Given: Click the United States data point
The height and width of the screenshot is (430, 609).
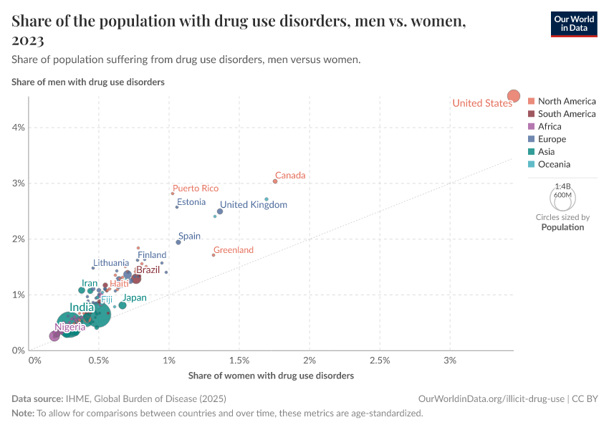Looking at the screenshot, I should click(x=514, y=96).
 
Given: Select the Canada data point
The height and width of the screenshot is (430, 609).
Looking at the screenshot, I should click(x=275, y=181).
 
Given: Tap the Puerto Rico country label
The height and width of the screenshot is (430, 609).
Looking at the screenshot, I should click(x=196, y=188).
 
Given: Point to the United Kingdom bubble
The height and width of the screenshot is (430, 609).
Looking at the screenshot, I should click(x=220, y=211).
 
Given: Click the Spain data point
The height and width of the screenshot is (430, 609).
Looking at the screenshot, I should click(x=178, y=242).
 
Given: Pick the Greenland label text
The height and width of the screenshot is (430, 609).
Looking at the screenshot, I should click(x=234, y=250).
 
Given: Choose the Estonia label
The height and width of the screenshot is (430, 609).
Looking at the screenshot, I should click(x=191, y=202).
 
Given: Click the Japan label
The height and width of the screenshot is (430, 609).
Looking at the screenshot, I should click(x=134, y=298).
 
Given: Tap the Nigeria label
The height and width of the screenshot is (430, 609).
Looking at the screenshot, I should click(x=75, y=328).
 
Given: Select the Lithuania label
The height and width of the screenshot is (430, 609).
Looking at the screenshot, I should click(x=111, y=263).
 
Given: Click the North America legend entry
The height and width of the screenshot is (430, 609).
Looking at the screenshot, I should click(x=566, y=101).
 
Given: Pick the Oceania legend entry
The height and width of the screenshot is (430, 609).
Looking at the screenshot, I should click(x=555, y=164).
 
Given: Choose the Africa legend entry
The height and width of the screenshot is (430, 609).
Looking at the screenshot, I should click(x=550, y=126).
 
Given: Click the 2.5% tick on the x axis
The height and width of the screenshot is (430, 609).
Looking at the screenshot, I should click(x=380, y=360).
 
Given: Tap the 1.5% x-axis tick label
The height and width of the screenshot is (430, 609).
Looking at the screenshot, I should click(x=239, y=360).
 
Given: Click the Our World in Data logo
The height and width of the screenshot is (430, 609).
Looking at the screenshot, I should click(x=573, y=24).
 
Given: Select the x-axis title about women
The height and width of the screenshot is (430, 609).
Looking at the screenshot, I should click(x=271, y=376).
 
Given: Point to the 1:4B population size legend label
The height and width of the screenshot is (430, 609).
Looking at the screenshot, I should click(x=562, y=186).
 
